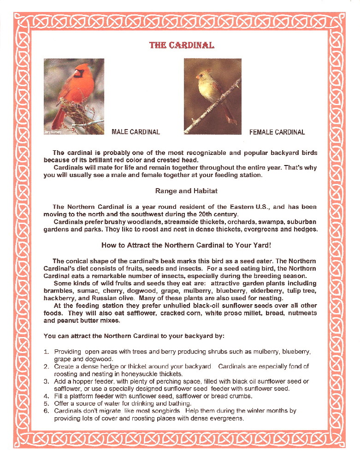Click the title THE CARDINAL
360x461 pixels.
click(x=182, y=45)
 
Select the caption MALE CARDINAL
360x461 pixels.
click(x=136, y=132)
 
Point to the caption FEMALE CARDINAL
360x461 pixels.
click(x=277, y=132)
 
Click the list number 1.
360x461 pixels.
click(x=46, y=352)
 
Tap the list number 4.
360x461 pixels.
click(x=46, y=396)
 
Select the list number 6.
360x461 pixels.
click(x=46, y=410)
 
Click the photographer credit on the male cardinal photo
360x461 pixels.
click(x=52, y=131)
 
